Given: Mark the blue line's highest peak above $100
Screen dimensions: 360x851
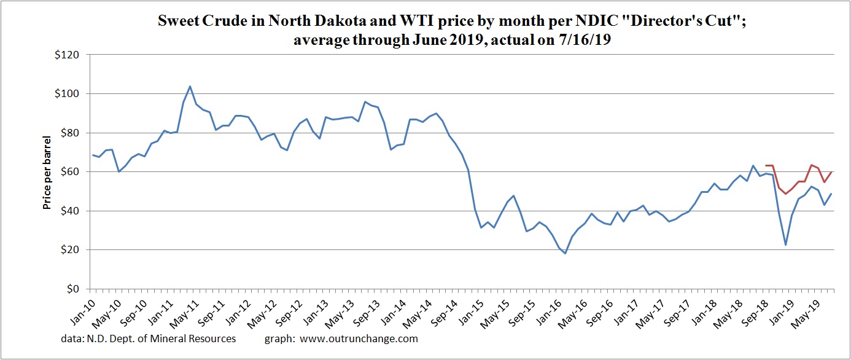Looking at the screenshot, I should click(x=190, y=86).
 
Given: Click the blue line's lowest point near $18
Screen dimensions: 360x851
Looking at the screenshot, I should click(x=565, y=253).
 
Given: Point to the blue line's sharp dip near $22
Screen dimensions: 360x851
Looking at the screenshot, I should click(x=785, y=245).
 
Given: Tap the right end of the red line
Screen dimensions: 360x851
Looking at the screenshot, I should click(x=831, y=172).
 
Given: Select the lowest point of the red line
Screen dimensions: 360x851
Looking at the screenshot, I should click(x=785, y=194).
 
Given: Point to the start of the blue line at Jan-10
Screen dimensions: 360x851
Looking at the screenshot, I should click(x=93, y=155).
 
